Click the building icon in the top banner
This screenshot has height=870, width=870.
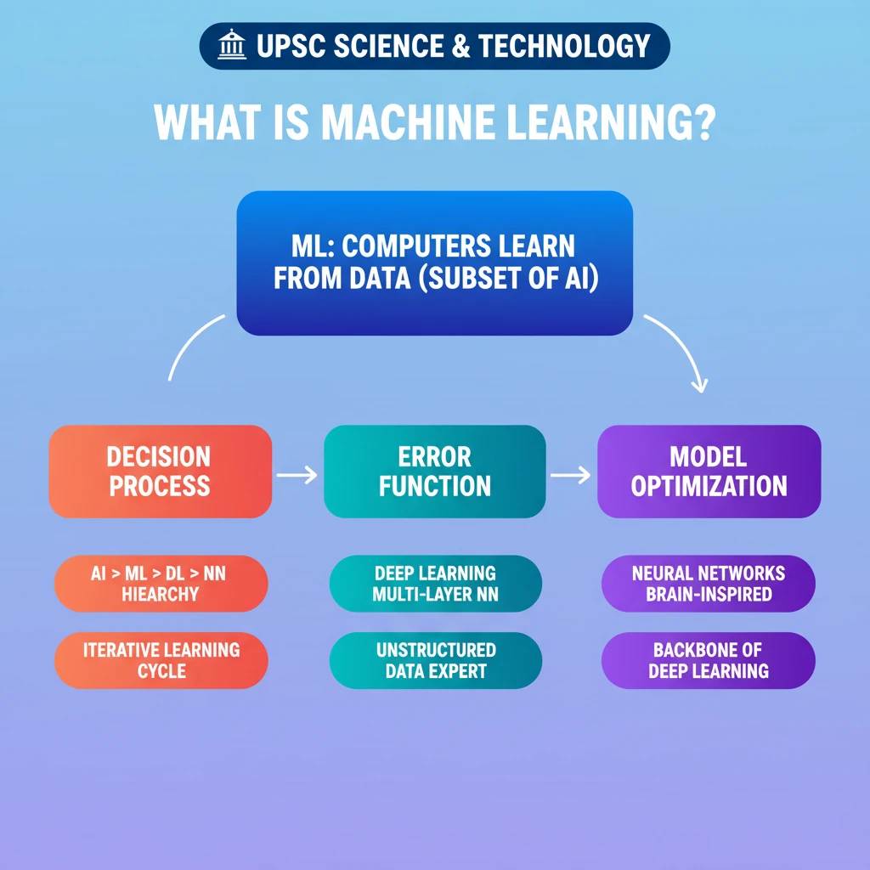(x=232, y=44)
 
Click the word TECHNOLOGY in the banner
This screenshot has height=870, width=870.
(x=564, y=46)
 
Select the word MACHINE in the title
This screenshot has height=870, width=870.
(x=408, y=122)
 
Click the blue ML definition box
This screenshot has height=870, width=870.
(x=434, y=263)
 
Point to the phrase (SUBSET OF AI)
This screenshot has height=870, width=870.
(x=509, y=278)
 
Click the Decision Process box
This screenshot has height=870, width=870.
(x=161, y=472)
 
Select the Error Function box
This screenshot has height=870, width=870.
(x=434, y=472)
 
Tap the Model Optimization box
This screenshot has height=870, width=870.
(x=709, y=472)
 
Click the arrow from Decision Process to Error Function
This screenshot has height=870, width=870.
(x=297, y=475)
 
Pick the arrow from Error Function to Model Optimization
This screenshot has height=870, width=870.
(x=570, y=475)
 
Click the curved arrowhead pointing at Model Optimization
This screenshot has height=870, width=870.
(x=700, y=386)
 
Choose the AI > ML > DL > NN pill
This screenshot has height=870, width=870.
(x=161, y=584)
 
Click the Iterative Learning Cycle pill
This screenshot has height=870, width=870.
(x=161, y=660)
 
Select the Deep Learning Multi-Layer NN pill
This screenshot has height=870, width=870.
(x=436, y=584)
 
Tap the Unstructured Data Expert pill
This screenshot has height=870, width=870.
(x=436, y=660)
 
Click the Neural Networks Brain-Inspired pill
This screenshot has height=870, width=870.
(x=709, y=584)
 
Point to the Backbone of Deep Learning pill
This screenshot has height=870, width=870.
(x=709, y=660)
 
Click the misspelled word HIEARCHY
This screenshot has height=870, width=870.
(x=161, y=594)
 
